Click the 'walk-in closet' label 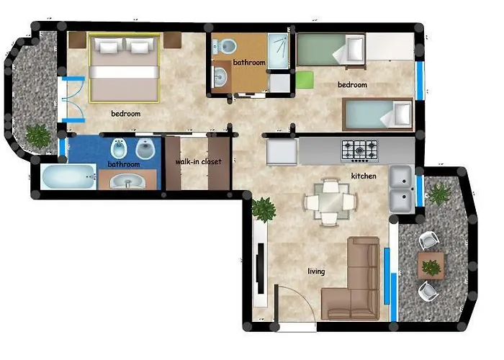tap(198, 162)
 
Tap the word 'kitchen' tap(364, 176)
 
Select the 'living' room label tap(316, 271)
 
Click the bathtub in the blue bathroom tap(69, 176)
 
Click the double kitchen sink tap(400, 188)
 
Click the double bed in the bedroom tap(125, 68)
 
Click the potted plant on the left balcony tap(37, 135)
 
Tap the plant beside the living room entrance tap(264, 209)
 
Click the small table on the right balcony tap(431, 266)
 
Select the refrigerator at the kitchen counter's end tap(282, 152)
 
